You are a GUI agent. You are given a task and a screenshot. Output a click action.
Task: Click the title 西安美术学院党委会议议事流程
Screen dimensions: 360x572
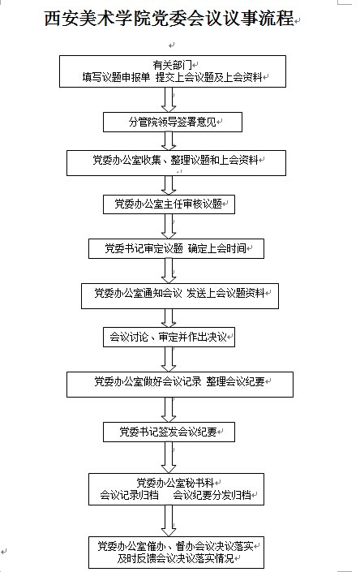(169, 18)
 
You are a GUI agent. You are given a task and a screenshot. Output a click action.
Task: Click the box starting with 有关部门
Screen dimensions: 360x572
(173, 71)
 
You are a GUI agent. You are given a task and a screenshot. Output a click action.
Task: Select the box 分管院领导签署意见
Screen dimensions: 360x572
(173, 122)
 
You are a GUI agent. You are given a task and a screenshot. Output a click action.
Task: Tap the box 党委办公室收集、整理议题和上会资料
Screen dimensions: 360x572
(176, 163)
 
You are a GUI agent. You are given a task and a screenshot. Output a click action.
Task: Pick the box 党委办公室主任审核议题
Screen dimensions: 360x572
(169, 204)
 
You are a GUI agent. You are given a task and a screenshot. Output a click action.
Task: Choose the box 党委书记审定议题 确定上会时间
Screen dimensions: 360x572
(176, 249)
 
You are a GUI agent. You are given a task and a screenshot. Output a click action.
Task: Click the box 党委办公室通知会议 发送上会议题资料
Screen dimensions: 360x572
(180, 296)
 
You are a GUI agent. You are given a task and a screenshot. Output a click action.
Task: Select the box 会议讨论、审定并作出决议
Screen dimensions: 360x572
(169, 337)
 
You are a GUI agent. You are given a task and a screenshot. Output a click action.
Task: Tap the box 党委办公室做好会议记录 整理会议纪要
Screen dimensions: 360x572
(180, 385)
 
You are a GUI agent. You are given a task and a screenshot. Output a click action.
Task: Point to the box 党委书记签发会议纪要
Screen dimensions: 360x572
(169, 432)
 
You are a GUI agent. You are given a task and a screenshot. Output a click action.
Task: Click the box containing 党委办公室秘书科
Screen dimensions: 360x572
(176, 489)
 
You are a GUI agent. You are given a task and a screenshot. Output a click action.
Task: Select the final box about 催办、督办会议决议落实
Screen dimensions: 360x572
(176, 553)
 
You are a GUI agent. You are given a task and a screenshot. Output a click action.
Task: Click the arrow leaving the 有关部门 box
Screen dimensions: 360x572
(169, 100)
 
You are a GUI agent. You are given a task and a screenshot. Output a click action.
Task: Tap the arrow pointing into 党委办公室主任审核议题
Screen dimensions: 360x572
(169, 185)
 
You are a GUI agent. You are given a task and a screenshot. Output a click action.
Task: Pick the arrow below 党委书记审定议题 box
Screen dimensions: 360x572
(169, 271)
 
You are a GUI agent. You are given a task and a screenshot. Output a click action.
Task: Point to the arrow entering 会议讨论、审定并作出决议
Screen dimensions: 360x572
(169, 318)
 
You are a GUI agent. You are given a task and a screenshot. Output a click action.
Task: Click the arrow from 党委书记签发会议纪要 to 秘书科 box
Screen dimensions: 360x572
(169, 458)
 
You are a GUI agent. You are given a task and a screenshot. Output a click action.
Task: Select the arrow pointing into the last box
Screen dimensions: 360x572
(169, 521)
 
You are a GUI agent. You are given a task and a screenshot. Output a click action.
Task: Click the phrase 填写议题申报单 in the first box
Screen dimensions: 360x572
(116, 77)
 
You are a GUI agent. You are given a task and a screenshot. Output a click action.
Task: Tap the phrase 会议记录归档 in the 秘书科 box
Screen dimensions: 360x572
(130, 495)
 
